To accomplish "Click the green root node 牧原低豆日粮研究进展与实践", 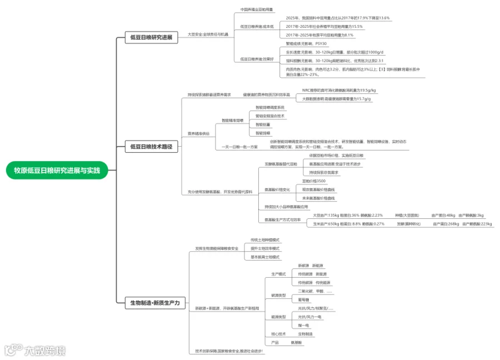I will [57, 170].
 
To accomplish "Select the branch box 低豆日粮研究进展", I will [151, 38].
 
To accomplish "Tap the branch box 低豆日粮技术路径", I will [151, 147].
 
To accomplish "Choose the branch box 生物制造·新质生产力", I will [155, 303].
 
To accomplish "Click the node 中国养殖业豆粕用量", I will [256, 9].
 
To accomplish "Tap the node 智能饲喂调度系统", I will [269, 107].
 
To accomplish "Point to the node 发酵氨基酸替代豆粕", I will [281, 164].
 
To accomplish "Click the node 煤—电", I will [303, 325].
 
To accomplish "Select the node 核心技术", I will [278, 334].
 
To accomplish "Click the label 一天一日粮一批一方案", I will [240, 147].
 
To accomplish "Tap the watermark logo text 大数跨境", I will [44, 351].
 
